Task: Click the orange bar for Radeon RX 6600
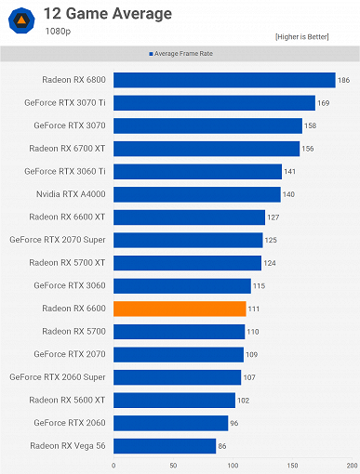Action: pos(180,309)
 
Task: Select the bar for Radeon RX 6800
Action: pos(224,80)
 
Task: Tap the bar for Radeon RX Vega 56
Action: pos(165,446)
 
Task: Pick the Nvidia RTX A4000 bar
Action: pos(196,194)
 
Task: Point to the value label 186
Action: pos(343,81)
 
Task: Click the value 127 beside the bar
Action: pos(273,217)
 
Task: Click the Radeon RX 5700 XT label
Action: pos(67,263)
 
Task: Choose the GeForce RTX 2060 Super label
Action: pos(58,377)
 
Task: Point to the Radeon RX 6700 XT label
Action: pos(67,149)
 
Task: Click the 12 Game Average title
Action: pos(97,13)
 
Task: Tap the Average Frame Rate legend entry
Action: pos(182,54)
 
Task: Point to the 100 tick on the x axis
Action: pos(233,466)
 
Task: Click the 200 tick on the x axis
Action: pos(351,466)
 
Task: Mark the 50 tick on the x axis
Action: pos(173,466)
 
